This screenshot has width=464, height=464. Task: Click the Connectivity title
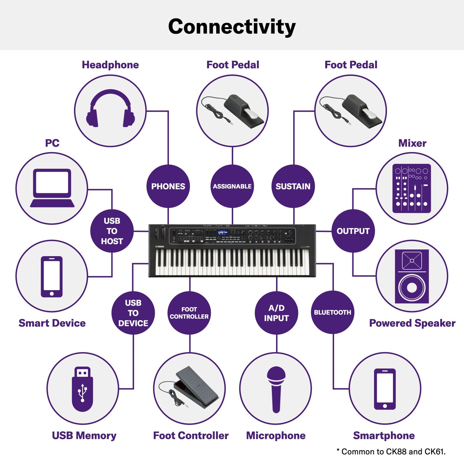[x=232, y=27]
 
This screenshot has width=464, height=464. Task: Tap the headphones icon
[x=110, y=109]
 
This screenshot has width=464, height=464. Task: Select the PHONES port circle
[x=168, y=186]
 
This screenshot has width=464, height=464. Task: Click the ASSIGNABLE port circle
[x=232, y=186]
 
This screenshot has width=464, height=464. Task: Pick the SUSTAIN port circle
[x=293, y=186]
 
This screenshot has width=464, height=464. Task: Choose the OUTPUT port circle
[x=353, y=231]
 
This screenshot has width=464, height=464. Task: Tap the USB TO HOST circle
[x=112, y=231]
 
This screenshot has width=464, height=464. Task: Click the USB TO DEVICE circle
[x=133, y=313]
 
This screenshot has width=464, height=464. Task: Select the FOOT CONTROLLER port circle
[x=189, y=313]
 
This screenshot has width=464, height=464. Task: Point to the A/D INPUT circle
[x=277, y=313]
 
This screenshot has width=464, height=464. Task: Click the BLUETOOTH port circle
[x=333, y=312]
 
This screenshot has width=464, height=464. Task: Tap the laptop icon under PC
[x=52, y=188]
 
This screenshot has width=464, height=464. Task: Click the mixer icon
[x=412, y=188]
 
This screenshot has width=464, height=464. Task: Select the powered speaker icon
[x=412, y=276]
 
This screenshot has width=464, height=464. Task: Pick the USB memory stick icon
[x=83, y=389]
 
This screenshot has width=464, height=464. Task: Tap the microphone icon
[x=276, y=389]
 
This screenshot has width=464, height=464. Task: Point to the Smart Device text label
[x=52, y=323]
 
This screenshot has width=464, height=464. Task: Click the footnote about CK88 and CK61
[x=391, y=452]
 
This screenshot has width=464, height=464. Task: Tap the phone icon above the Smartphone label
[x=385, y=389]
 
